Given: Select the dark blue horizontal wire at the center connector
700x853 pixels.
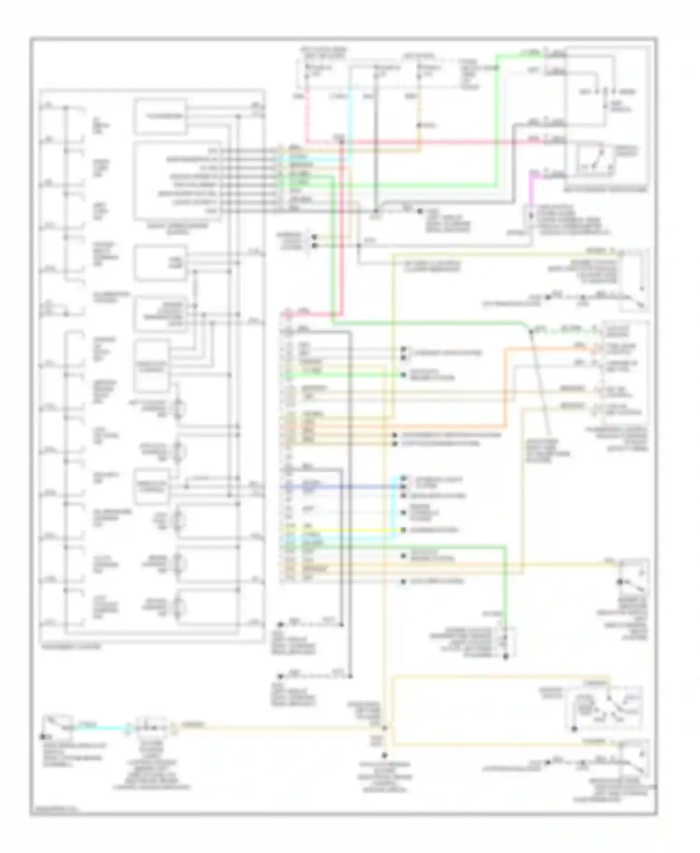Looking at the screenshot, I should click(x=341, y=487).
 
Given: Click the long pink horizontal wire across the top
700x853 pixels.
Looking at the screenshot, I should click(x=443, y=141).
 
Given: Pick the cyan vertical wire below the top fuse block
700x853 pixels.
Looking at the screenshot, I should click(x=350, y=117).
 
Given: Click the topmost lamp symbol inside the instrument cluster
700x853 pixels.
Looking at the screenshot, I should click(x=178, y=409).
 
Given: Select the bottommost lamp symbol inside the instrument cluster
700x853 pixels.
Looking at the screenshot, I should click(x=178, y=607).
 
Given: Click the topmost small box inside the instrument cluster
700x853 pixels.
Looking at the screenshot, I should click(x=160, y=116).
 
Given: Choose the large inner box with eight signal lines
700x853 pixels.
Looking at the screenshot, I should click(x=177, y=181).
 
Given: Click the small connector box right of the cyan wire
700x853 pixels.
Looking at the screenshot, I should click(x=151, y=727).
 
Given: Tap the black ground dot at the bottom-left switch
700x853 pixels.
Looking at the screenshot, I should click(x=42, y=737).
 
